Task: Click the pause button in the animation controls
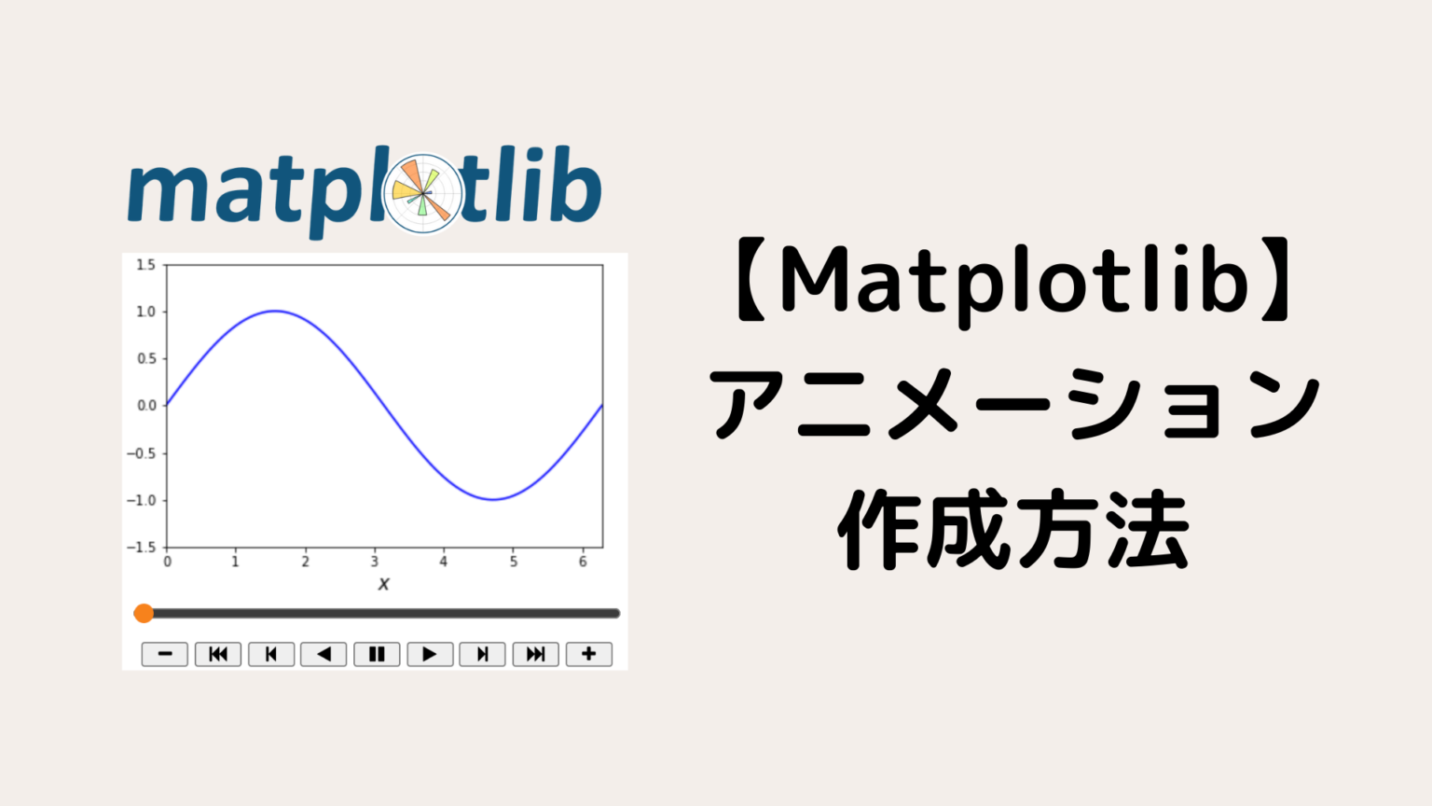pos(377,654)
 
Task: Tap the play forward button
pos(430,654)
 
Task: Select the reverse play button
pos(324,654)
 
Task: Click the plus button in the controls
pos(588,654)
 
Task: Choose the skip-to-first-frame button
pos(218,654)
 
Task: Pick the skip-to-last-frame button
pos(535,654)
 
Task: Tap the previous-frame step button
pos(271,654)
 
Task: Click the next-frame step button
pos(482,654)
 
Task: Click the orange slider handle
pos(144,613)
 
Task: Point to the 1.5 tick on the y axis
pos(146,265)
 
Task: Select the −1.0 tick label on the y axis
pos(143,500)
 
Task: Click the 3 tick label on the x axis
pos(374,562)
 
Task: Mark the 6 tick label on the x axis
pos(583,562)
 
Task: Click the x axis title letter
pos(383,584)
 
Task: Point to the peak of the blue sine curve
pos(275,311)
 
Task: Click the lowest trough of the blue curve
pos(493,499)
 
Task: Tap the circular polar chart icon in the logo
pos(423,193)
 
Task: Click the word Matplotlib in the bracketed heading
pos(1013,281)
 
